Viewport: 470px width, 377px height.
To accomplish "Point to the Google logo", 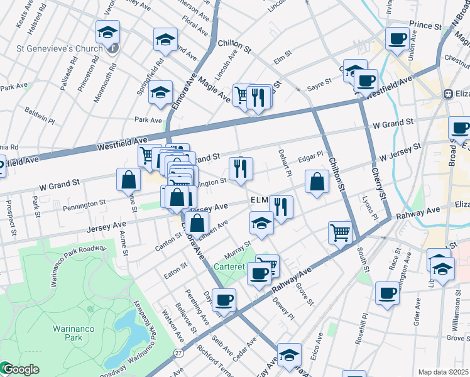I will [20, 369].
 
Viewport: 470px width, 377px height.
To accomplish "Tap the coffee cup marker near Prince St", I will [397, 39].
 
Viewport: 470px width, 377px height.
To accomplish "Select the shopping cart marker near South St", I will [340, 232].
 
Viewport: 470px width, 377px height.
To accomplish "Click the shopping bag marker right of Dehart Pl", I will [317, 183].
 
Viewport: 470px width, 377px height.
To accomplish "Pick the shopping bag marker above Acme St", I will [128, 180].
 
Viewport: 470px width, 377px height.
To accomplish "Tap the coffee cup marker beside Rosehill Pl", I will [387, 293].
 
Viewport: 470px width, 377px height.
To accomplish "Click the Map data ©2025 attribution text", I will [444, 372].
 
